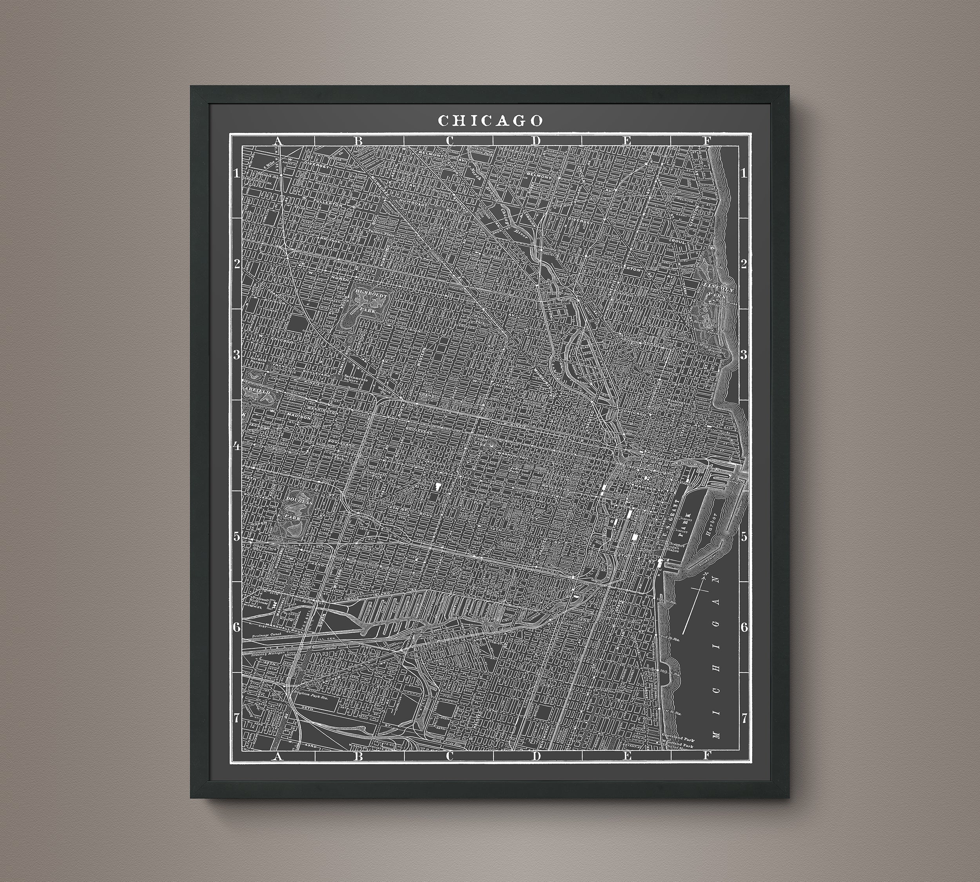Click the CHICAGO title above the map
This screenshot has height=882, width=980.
(x=490, y=121)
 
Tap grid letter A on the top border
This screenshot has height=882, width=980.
(x=278, y=141)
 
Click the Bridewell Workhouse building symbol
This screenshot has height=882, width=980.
(x=274, y=605)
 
